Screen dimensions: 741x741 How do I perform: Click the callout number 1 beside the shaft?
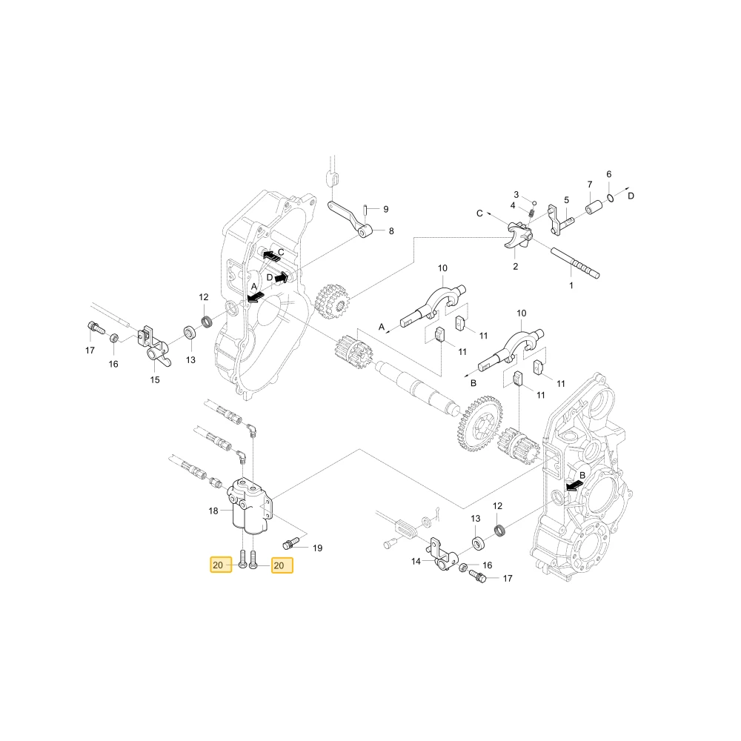coord(571,285)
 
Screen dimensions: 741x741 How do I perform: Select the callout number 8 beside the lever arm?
coord(391,231)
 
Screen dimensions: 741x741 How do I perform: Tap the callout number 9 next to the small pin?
coord(385,209)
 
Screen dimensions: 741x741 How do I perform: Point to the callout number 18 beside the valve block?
coord(213,511)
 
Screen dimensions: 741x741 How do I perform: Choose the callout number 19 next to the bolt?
coord(318,548)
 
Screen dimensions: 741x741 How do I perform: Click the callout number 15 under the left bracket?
coord(155,380)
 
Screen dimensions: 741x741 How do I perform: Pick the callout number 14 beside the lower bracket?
coord(416,562)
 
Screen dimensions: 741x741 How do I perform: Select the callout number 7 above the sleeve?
coord(590,185)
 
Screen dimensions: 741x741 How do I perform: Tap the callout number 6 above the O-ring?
coord(608,174)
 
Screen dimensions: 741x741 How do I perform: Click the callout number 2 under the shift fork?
coord(516,267)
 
